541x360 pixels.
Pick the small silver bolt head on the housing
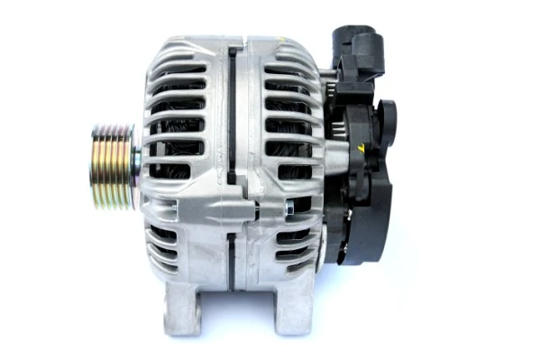point(289,209)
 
